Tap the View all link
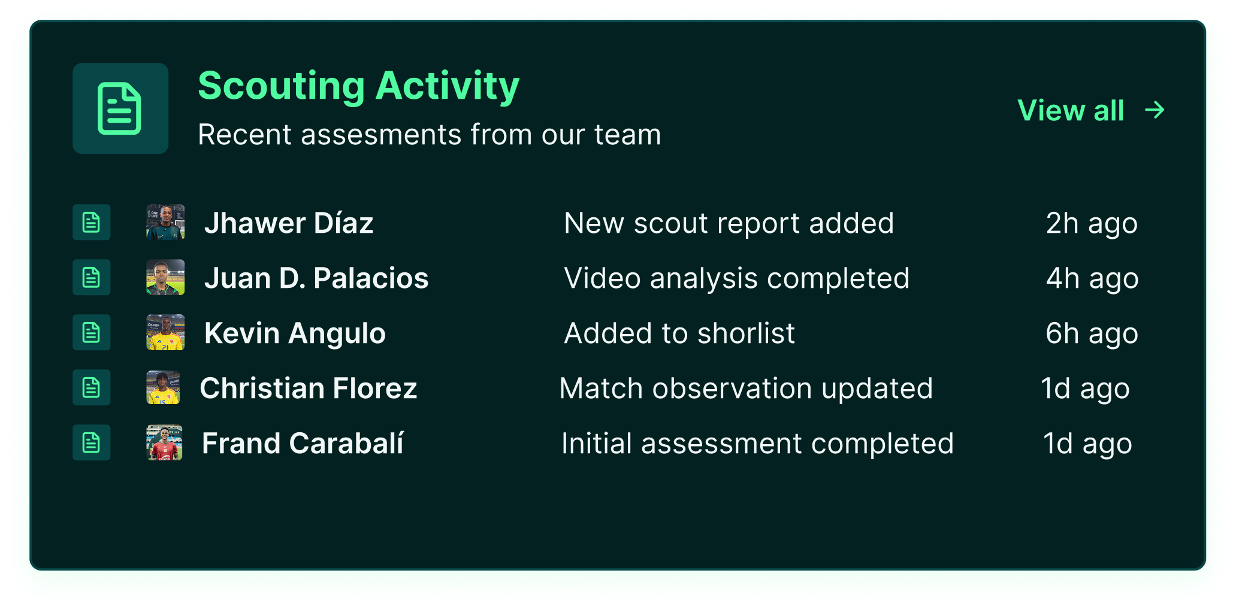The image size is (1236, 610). [1071, 110]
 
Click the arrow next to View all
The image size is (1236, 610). [1155, 110]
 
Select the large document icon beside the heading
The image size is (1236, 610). [120, 108]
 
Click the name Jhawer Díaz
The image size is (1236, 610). [289, 223]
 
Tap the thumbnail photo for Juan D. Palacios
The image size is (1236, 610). [165, 277]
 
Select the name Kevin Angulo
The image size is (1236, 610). [295, 333]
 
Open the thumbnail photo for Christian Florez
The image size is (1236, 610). [163, 387]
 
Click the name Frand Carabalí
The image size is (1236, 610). [303, 443]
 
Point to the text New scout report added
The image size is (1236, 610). [729, 223]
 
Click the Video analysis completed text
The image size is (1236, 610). [736, 278]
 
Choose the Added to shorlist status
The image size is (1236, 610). [679, 333]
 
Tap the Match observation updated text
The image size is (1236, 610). [746, 389]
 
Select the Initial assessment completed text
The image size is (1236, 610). [757, 444]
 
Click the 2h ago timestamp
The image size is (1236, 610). [1092, 223]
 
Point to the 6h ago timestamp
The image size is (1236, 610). [1092, 333]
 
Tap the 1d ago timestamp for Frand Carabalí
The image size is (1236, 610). [1087, 444]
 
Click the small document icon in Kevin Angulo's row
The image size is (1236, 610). [91, 332]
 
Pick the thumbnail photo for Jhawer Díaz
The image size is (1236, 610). [165, 222]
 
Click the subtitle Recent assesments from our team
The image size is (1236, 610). [430, 134]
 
